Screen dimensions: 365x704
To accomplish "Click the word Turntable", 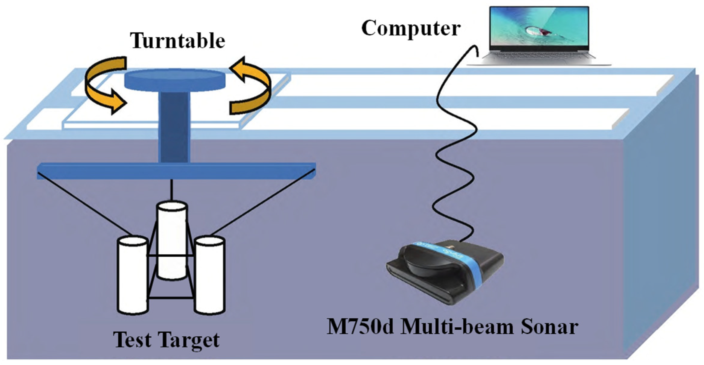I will (177, 41).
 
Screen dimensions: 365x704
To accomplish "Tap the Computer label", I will (411, 28).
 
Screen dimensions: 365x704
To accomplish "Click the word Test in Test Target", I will (132, 340).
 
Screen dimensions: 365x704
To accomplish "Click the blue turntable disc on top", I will (175, 79).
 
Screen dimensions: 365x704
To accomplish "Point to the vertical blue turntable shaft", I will (174, 127).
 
